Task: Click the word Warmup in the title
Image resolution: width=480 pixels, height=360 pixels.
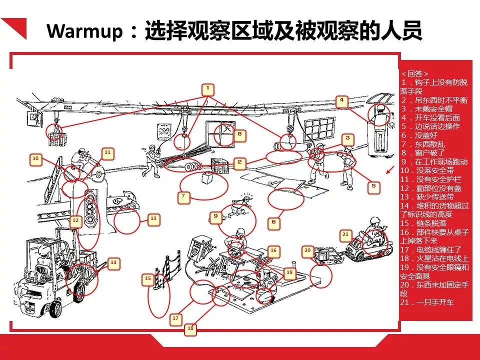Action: (85, 32)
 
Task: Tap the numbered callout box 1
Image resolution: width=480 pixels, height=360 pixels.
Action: (208, 89)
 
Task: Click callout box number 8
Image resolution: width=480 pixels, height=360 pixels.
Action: (239, 134)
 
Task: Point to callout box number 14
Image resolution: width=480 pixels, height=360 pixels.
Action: (113, 262)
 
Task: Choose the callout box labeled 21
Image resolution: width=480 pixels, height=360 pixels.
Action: (345, 234)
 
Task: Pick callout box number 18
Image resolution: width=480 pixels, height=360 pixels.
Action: (190, 328)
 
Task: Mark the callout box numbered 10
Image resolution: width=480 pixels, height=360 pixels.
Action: (35, 159)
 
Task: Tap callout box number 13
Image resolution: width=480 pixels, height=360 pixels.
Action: (153, 218)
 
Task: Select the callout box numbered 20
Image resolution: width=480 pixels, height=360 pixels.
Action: (307, 250)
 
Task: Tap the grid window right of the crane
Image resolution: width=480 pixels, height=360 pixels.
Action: (319, 129)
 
